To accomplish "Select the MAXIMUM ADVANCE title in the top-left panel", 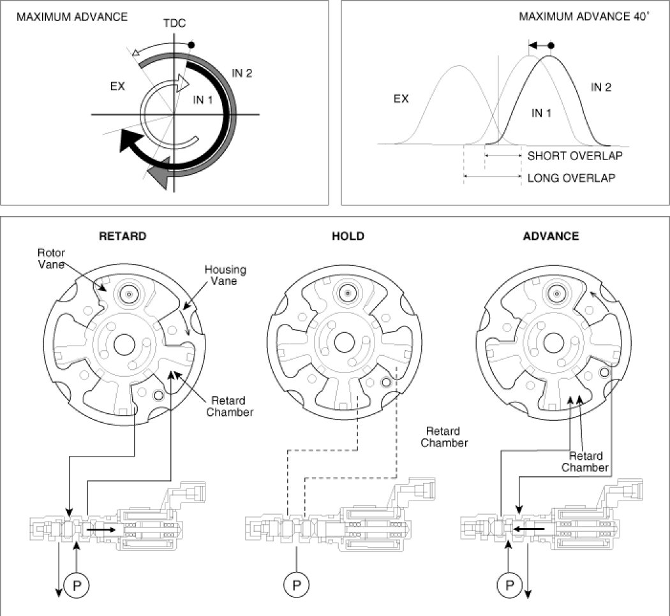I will coord(72,17).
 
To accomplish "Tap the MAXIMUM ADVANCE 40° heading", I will coord(584,16).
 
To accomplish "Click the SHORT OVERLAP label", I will coord(575,156).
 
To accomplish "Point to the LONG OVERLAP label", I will coord(571,178).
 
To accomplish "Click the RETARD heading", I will coord(123,237).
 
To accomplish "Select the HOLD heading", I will coord(348,237).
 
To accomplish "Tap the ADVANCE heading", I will coord(551,237).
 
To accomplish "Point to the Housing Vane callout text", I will coord(225,275).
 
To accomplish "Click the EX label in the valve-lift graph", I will coord(401,99).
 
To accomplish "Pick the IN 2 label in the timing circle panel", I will coord(242,73).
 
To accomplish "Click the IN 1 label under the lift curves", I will coord(541,113).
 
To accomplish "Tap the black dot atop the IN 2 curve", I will coord(551,46).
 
